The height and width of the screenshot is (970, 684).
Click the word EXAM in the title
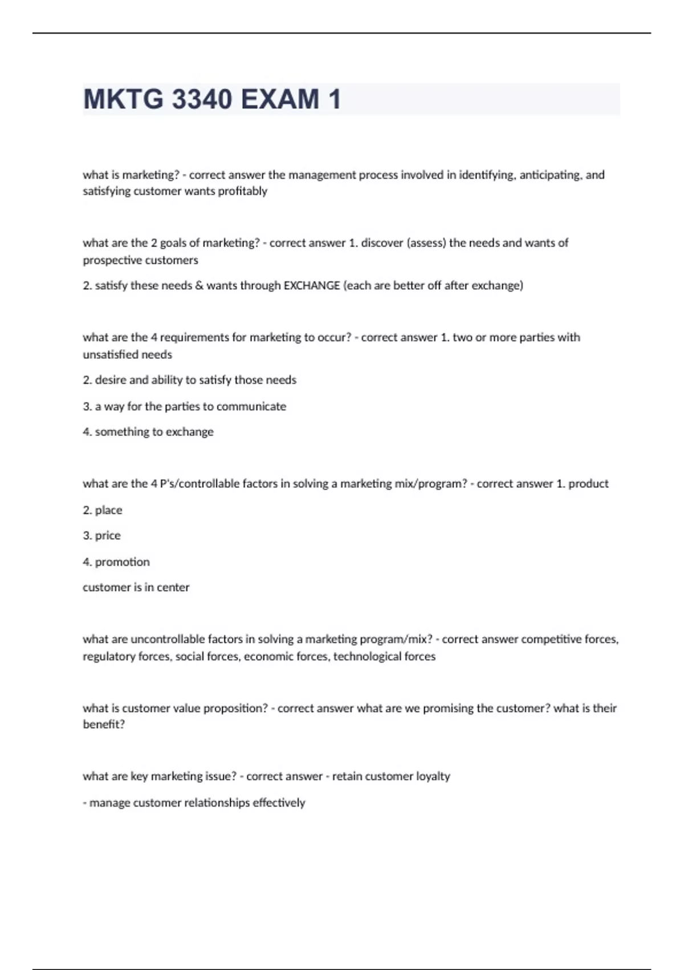280,99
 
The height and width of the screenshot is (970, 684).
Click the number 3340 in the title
202,99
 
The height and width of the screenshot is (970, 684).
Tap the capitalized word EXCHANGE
312,285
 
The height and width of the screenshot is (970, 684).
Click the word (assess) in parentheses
426,243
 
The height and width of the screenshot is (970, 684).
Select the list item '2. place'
103,510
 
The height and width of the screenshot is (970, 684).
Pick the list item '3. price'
102,535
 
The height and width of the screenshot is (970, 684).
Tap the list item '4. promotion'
116,561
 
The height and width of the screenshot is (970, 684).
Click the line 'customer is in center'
136,587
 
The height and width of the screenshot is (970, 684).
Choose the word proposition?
235,708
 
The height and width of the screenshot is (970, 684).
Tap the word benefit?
104,724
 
